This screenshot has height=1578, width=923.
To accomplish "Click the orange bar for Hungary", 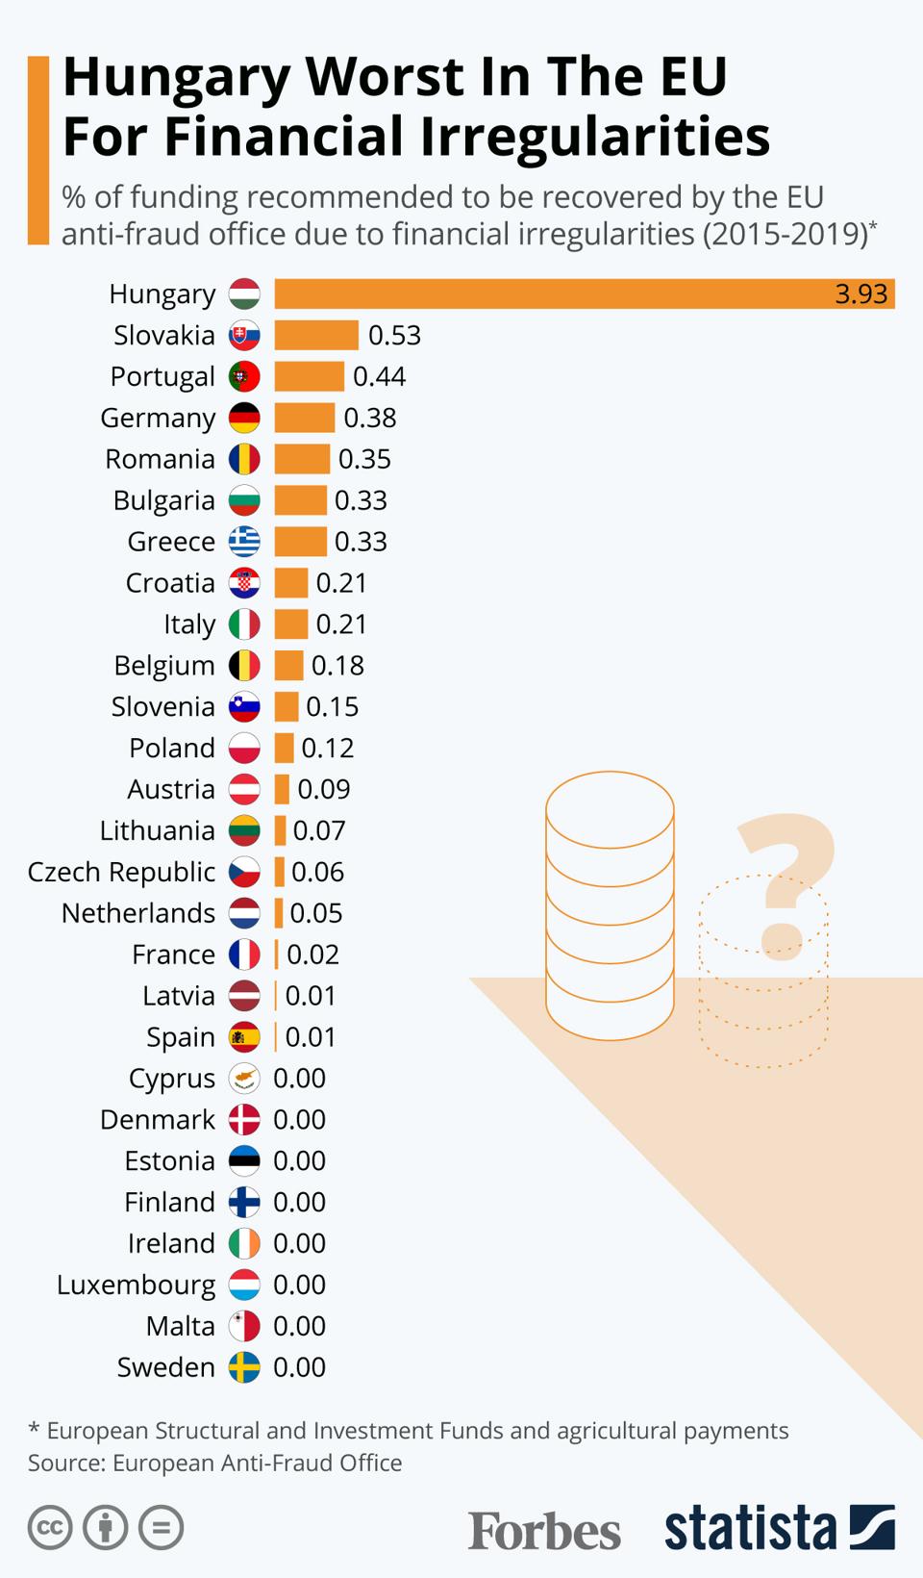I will [584, 293].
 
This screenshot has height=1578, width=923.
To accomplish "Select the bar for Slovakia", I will [316, 335].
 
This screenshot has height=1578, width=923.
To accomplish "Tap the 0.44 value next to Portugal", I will [379, 376].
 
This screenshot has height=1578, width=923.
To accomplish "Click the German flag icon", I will [244, 418].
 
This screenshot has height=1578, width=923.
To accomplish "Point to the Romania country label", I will [160, 459].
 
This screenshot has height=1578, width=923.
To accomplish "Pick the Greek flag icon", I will [244, 542].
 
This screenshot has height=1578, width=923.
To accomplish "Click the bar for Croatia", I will [291, 583].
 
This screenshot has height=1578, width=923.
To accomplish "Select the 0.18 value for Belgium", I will [337, 666].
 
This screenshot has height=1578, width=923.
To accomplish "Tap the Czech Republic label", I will [121, 872].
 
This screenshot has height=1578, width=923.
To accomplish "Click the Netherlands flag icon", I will [244, 913].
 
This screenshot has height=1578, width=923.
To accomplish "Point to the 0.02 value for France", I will [312, 954].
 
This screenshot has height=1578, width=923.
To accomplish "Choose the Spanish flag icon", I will [244, 1037].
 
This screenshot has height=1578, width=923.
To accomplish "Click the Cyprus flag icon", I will [244, 1079].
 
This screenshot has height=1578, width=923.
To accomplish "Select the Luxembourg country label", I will [136, 1285].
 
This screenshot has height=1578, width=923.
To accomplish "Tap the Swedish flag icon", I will [244, 1367].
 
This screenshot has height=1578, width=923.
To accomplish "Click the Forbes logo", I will [544, 1529].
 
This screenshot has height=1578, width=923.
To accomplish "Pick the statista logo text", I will [750, 1528].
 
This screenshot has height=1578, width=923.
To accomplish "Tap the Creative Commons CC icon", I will [50, 1527].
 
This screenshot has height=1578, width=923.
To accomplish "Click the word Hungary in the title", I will [176, 77].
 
